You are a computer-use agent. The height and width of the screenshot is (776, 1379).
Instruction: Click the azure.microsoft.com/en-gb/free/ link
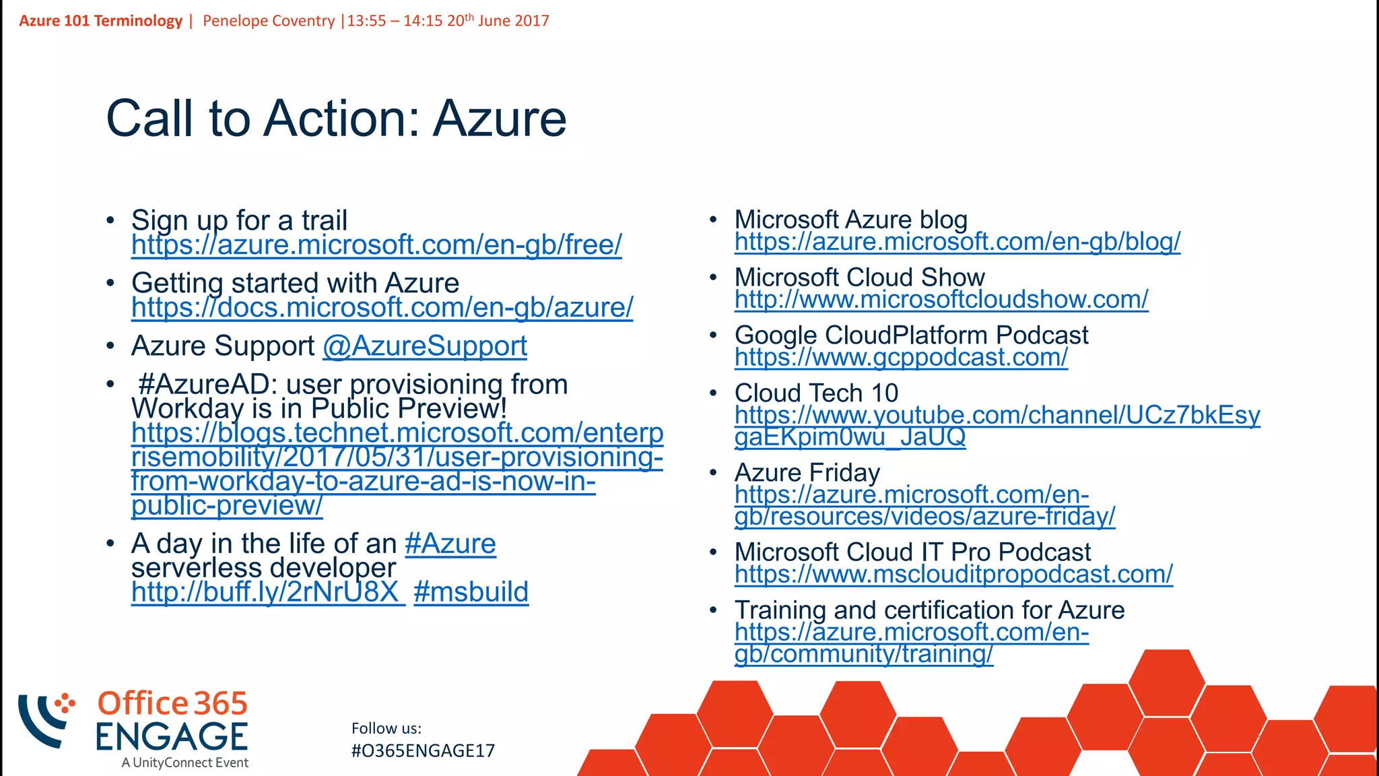376,245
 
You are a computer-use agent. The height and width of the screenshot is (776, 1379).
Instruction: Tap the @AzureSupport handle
424,346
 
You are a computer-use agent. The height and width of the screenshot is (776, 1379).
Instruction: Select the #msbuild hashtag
471,593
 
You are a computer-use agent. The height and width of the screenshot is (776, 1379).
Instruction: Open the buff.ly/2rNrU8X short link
267,593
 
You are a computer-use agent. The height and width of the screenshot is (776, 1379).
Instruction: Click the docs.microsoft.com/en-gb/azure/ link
382,308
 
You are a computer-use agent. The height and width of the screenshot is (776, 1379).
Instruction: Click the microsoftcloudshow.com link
941,300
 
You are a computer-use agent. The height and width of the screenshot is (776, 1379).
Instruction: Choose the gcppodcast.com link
900,358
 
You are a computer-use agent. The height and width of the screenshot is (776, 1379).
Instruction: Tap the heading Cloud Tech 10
816,393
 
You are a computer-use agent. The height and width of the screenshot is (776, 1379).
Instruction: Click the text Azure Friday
807,473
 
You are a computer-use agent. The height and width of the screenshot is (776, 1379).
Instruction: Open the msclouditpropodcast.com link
953,575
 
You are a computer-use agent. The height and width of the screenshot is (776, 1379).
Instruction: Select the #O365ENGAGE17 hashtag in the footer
423,751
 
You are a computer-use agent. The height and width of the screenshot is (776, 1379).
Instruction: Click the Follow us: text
386,729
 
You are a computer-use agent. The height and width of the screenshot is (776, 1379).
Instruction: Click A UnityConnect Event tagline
184,763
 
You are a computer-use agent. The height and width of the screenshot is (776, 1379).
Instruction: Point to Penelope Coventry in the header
269,21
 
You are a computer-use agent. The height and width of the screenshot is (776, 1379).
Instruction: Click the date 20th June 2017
498,21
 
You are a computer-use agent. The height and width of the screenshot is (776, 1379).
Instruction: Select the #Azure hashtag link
450,544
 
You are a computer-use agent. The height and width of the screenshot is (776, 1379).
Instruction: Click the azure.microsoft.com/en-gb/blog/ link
957,242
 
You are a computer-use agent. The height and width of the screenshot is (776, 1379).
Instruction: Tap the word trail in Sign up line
324,221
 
